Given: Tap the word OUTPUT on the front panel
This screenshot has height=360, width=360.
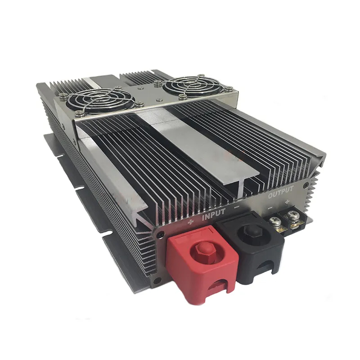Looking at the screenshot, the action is (281, 193).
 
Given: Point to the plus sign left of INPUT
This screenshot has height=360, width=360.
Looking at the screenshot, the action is (191, 222).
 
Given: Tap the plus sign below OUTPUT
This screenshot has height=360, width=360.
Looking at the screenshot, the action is (287, 202).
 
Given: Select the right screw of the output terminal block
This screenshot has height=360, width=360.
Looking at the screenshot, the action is (292, 216).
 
